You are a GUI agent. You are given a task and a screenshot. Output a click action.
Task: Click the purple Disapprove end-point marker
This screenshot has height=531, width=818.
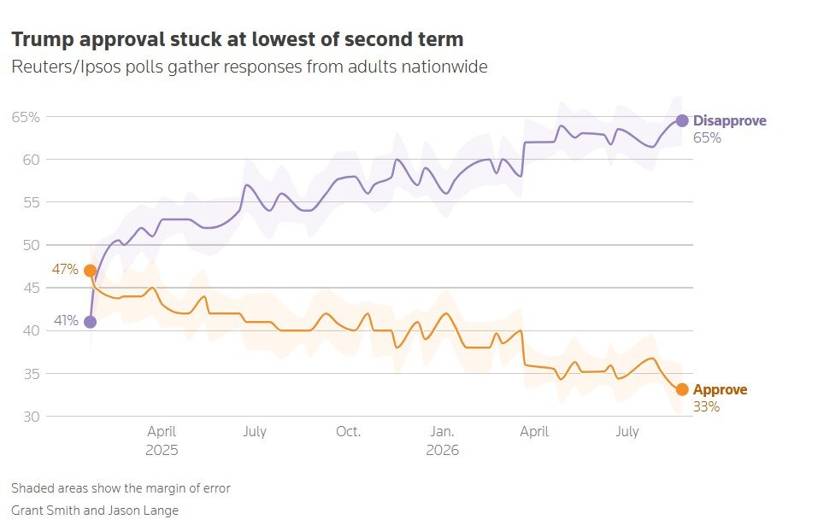pos(682,121)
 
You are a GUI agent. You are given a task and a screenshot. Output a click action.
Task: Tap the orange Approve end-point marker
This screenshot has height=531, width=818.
pos(682,389)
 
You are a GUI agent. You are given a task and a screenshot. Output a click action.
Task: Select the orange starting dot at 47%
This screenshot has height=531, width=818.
pos(91,271)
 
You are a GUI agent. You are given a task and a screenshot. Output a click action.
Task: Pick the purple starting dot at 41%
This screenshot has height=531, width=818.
pos(91,322)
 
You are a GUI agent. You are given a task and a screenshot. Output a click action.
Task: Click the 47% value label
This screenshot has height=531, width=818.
pos(65,270)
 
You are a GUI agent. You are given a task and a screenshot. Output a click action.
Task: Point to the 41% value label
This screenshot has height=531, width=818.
pos(67,320)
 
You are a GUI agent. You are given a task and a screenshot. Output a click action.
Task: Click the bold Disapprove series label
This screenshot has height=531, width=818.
pos(730,121)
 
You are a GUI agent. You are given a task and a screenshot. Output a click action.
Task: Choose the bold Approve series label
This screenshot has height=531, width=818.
pos(720,390)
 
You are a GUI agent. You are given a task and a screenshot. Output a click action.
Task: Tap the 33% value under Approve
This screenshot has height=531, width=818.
pos(706,407)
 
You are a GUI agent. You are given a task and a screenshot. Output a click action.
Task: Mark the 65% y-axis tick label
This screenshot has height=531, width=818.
pos(26,117)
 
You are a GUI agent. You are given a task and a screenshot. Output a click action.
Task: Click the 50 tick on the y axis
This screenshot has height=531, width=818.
pos(31,245)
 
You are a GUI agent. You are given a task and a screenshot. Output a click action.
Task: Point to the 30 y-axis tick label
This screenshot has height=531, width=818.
pos(31,417)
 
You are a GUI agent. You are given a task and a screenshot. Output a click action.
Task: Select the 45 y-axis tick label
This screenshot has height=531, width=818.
pos(31,288)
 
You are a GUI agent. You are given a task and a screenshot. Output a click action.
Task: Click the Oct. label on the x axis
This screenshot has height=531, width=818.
pos(348,431)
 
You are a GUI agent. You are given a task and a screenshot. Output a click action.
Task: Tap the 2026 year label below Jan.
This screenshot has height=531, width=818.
pos(443,450)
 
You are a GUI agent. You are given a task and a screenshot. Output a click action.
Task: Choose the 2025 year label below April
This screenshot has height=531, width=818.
pos(162,450)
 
